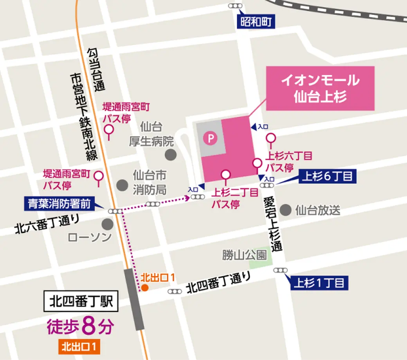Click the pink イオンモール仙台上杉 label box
pos(320,88)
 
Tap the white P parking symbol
pos(211,138)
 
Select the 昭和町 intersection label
pos(256,21)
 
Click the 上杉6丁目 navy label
pos(327,177)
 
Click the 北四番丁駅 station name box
pos(81,301)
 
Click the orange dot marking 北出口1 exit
pos(144,288)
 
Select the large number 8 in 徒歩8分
pos(89,327)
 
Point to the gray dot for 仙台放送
pos(286,210)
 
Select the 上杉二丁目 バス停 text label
pos(234,198)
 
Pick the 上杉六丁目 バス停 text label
pos(289,162)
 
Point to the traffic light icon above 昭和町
pos(235,6)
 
